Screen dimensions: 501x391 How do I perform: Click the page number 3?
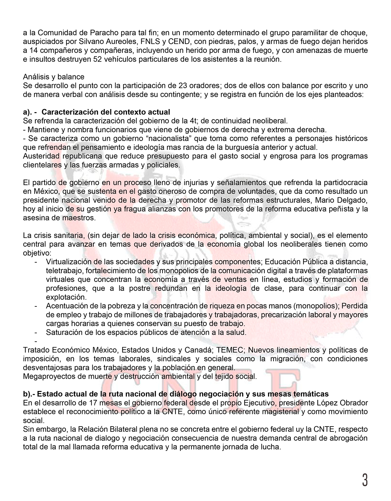point(365,480)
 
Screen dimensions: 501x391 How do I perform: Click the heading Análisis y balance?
point(54,77)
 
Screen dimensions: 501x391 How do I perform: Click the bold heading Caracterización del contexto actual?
point(106,112)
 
